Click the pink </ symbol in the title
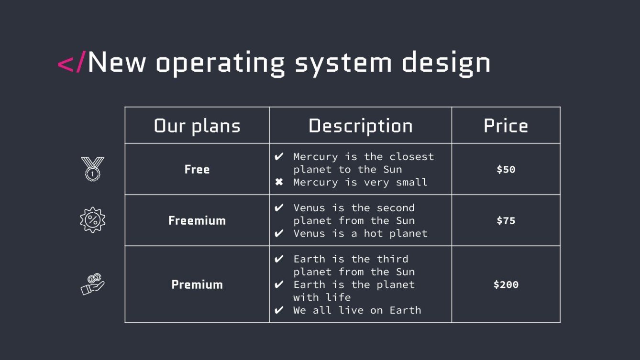[71, 63]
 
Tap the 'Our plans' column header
[197, 126]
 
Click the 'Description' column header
[361, 126]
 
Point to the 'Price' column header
[506, 126]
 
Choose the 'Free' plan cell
[197, 169]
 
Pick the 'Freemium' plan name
[197, 220]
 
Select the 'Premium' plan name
[197, 284]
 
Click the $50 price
[506, 169]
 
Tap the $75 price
[506, 220]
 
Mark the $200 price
[506, 284]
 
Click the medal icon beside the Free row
[92, 168]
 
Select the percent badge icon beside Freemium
[92, 220]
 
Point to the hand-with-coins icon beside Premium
[92, 284]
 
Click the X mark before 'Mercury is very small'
[279, 182]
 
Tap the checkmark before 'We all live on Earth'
[279, 310]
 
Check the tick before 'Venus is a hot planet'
[279, 234]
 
